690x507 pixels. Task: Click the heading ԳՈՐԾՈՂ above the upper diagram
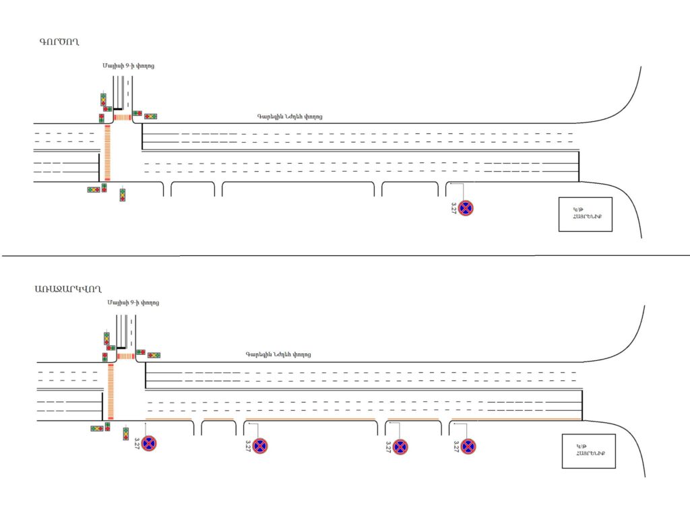[60, 42]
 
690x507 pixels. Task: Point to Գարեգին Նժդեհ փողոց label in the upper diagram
[289, 116]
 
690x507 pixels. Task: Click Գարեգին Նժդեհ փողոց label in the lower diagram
[278, 354]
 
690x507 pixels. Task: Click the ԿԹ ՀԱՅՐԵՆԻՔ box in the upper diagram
[585, 214]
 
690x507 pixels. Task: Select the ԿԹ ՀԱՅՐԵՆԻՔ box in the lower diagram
[588, 451]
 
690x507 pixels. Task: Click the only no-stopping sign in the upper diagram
[466, 208]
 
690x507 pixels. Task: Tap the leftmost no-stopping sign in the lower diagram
[149, 444]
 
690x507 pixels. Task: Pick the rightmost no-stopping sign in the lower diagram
[468, 446]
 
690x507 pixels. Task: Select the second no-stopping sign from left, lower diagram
[260, 446]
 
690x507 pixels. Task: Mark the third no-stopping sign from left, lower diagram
[400, 446]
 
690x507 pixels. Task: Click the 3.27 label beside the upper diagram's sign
[453, 208]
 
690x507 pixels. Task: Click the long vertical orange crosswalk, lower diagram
[111, 390]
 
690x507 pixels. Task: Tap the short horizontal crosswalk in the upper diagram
[123, 117]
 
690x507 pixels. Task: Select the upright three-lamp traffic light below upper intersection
[122, 195]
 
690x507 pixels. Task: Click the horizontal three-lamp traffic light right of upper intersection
[150, 116]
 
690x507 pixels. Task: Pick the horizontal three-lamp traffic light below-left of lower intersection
[97, 428]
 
